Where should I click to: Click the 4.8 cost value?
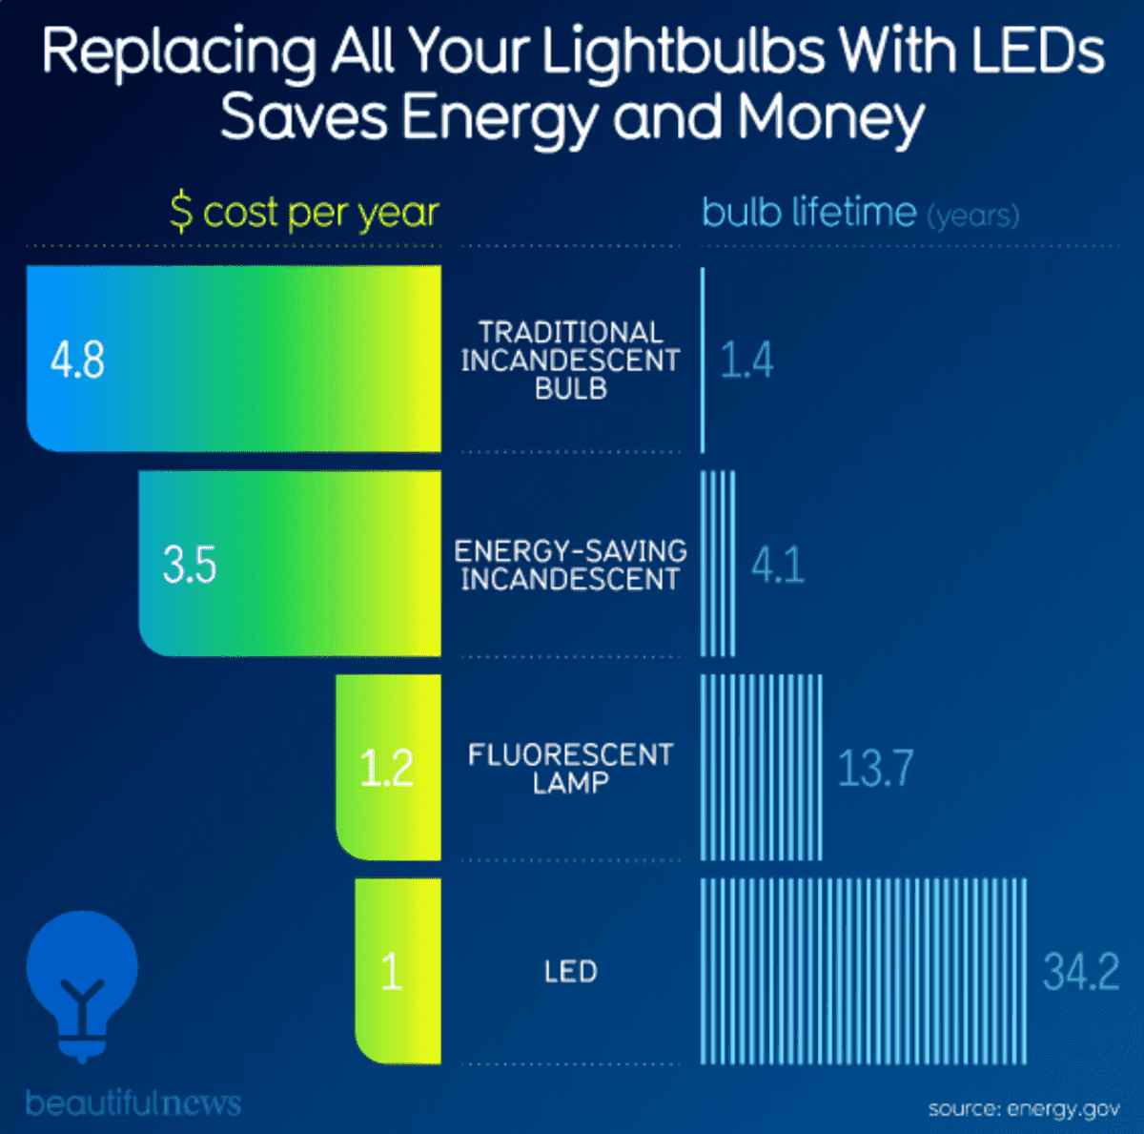[77, 361]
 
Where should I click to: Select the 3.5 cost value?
[189, 564]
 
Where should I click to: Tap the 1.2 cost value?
[386, 768]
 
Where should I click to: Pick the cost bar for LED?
[398, 971]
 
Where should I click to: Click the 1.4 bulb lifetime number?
[746, 361]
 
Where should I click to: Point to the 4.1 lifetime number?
[778, 565]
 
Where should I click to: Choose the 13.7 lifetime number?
[875, 768]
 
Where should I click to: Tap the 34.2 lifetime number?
[1081, 972]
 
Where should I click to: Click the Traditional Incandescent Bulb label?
[570, 361]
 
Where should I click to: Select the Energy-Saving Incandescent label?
[570, 565]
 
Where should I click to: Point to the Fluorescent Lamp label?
[570, 769]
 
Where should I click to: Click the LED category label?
[570, 972]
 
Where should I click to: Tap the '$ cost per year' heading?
[304, 213]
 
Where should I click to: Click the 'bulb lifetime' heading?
[809, 212]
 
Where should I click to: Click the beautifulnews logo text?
[133, 1103]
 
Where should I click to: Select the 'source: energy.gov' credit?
[1024, 1108]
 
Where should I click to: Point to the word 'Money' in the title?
[830, 118]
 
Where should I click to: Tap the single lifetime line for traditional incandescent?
[703, 361]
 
